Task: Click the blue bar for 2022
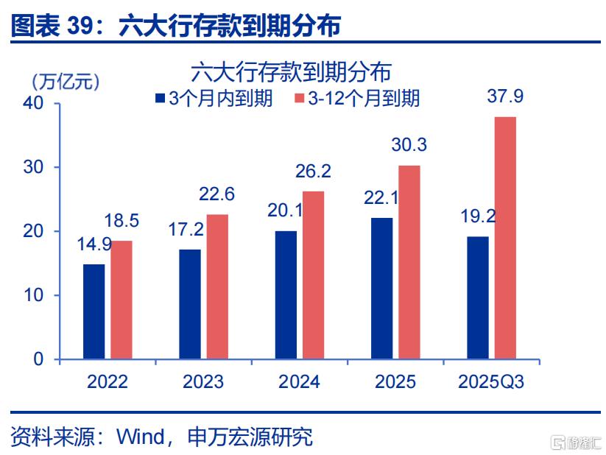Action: [94, 311]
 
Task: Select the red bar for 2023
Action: [217, 286]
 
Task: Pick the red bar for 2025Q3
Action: [505, 238]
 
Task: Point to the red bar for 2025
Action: [409, 262]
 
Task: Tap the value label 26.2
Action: [313, 172]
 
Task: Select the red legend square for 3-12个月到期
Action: [300, 98]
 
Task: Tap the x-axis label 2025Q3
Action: [491, 381]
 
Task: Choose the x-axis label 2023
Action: [203, 381]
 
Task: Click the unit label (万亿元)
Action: [65, 82]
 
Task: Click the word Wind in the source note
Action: [141, 437]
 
